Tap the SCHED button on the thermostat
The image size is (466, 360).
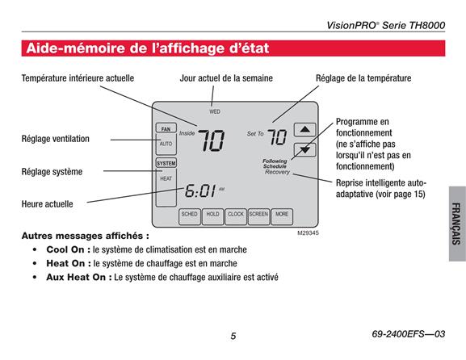(x=190, y=216)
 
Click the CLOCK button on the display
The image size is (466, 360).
(x=236, y=216)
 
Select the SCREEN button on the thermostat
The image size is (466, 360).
(x=258, y=216)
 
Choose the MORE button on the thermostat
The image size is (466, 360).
(x=282, y=216)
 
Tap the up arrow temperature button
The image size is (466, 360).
(x=304, y=129)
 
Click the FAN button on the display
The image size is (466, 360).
(x=166, y=128)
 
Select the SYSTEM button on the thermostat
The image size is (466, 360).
(x=166, y=163)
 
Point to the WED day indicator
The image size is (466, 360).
(x=215, y=111)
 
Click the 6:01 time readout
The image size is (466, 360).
(x=200, y=190)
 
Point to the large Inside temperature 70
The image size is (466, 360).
(x=212, y=140)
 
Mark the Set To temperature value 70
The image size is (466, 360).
(x=277, y=137)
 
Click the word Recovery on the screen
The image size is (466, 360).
(x=277, y=172)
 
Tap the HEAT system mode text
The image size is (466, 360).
(x=166, y=178)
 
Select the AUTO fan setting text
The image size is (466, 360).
(x=166, y=144)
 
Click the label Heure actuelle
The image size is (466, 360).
(x=48, y=204)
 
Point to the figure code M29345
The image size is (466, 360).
(x=308, y=233)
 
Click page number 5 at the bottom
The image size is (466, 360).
(x=233, y=336)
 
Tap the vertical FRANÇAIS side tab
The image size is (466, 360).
(x=456, y=224)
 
